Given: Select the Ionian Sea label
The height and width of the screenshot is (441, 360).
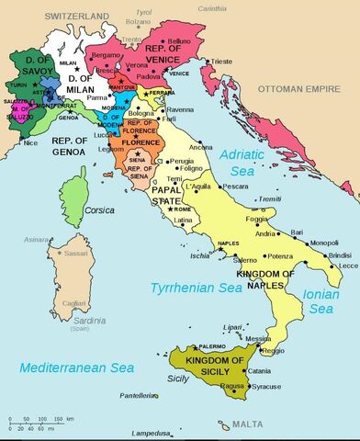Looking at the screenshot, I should [321, 301].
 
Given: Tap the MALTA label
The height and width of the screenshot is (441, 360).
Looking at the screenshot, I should [247, 424].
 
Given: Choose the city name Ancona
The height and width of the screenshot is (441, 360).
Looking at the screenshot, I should [202, 147].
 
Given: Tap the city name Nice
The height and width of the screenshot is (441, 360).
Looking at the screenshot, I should [32, 143].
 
